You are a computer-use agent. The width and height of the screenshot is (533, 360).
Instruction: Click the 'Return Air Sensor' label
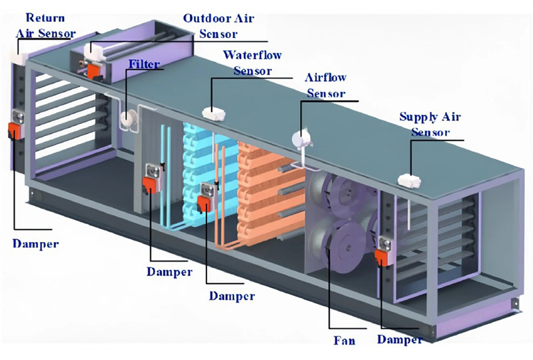(x=45, y=25)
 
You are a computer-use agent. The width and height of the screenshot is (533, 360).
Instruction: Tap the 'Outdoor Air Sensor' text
(x=219, y=26)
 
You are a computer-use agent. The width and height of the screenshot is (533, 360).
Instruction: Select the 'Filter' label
(x=144, y=64)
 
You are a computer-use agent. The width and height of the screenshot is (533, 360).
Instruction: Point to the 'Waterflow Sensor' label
(x=253, y=63)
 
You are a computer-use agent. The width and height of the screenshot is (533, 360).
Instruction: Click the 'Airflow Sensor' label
(x=326, y=85)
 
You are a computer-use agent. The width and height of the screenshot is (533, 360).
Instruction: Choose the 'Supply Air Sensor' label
(x=430, y=124)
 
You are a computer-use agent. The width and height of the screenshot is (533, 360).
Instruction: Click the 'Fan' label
(x=344, y=340)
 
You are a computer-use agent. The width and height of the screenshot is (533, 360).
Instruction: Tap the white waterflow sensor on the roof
(x=214, y=113)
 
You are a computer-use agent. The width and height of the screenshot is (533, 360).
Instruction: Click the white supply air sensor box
(x=410, y=181)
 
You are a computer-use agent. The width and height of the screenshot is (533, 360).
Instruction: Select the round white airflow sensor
(x=301, y=139)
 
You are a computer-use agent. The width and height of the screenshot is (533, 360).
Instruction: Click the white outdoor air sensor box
(x=93, y=52)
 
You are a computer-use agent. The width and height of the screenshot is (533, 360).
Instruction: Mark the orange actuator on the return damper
(x=15, y=131)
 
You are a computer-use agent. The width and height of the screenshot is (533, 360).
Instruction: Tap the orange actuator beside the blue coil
(x=149, y=186)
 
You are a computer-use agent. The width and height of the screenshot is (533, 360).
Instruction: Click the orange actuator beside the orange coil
(x=204, y=204)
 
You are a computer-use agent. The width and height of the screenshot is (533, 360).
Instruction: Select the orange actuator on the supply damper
(x=382, y=257)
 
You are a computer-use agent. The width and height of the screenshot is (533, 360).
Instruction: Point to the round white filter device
(x=129, y=119)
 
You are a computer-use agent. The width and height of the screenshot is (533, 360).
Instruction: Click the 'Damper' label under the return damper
(x=36, y=243)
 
